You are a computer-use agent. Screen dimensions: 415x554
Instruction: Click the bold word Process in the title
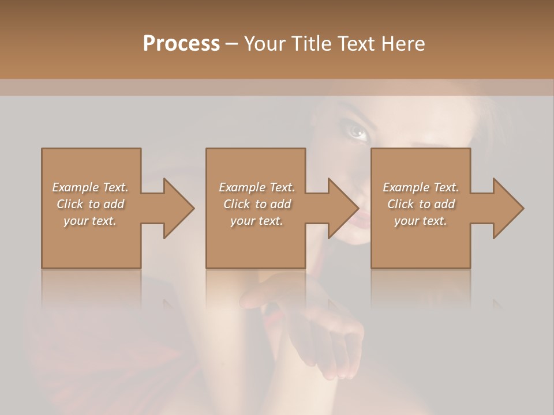(181, 43)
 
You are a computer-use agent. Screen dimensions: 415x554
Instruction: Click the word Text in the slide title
(356, 43)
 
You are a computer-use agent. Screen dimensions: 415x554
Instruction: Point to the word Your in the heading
(265, 43)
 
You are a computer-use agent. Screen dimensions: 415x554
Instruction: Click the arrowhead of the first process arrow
(179, 208)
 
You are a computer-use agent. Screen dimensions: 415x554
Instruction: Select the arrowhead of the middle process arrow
(343, 208)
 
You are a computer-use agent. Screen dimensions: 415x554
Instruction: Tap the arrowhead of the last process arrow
(508, 208)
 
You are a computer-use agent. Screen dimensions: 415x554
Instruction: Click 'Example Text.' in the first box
(90, 187)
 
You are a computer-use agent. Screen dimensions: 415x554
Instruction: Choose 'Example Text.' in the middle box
(257, 187)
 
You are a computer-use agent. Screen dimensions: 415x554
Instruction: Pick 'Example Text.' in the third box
(421, 187)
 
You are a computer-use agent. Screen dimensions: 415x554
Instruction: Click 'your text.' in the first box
(90, 221)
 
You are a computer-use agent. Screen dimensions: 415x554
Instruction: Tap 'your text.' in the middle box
(257, 221)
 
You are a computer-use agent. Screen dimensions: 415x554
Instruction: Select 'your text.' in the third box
(421, 221)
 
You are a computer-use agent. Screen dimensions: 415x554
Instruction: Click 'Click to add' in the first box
(90, 204)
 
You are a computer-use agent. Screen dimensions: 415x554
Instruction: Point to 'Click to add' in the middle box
(257, 204)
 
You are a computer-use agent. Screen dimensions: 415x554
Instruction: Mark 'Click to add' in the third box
(421, 204)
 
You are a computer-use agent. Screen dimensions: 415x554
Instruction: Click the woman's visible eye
(358, 133)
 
